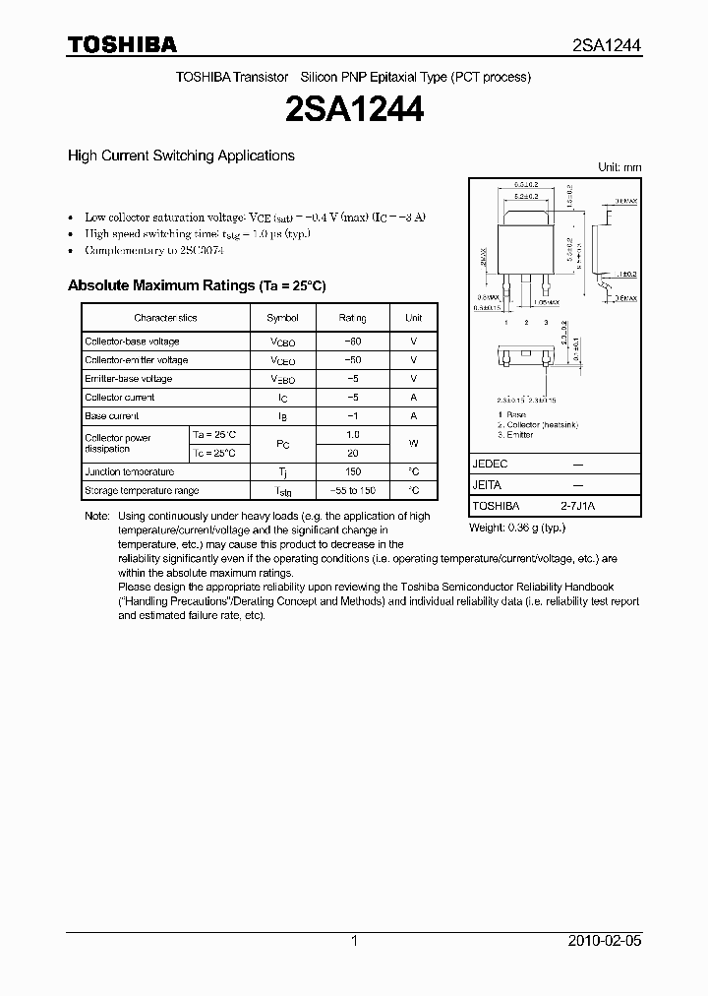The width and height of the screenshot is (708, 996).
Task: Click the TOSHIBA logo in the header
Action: point(122,44)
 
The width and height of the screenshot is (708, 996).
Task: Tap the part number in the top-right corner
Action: point(607,45)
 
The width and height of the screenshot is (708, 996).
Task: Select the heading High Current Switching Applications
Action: point(181,156)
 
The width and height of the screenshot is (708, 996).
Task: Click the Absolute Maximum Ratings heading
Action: point(196,285)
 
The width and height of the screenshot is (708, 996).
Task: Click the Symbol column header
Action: point(282,318)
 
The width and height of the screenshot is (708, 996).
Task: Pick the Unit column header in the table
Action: point(413,318)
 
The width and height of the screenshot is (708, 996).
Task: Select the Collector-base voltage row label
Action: point(132,342)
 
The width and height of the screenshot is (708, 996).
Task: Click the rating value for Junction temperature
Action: point(352,472)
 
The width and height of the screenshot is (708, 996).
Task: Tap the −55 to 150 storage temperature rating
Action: point(352,490)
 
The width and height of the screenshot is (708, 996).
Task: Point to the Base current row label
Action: point(112,416)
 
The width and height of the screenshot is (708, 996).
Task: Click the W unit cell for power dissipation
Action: point(413,444)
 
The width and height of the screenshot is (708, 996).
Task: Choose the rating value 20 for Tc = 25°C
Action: point(352,454)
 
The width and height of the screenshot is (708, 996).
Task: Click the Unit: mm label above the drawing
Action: point(619,167)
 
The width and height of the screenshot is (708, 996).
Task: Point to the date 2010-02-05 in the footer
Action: point(606,941)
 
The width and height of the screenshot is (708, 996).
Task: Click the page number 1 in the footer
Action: point(354,941)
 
